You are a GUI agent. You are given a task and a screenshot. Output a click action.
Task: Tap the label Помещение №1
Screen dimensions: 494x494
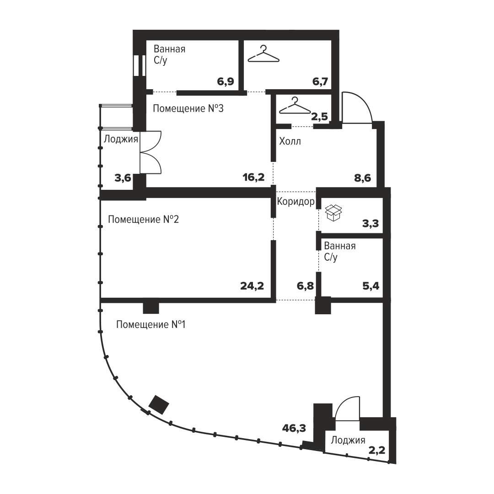coord(150,324)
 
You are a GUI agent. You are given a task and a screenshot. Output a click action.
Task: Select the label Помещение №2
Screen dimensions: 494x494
coord(143,219)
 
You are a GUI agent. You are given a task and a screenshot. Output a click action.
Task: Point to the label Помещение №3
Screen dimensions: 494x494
coord(188,108)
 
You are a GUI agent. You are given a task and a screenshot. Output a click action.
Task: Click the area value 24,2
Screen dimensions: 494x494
coord(252,286)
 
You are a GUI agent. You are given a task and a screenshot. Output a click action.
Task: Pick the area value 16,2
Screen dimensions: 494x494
coord(253,177)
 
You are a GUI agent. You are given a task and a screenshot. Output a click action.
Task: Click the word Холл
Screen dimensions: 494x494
coord(290,141)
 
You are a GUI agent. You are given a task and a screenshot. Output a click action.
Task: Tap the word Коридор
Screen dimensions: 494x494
coord(295,201)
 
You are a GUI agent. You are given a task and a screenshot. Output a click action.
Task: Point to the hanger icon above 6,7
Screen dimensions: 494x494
coord(264,54)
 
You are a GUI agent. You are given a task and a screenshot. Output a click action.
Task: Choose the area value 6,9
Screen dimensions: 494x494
coord(226,81)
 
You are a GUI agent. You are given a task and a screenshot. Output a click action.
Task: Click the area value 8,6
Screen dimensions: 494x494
coord(363,178)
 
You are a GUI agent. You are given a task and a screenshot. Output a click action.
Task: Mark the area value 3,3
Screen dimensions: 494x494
coord(370,223)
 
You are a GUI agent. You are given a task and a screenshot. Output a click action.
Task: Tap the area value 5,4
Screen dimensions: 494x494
coord(371,286)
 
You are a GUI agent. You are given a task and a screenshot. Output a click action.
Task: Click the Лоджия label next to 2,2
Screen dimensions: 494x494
coord(348,440)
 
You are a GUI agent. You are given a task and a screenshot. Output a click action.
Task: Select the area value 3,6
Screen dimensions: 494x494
coord(123,178)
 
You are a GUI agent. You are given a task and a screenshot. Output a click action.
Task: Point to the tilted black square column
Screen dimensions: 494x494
coord(158,405)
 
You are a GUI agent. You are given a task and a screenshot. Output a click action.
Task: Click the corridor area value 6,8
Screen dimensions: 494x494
coord(305,286)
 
